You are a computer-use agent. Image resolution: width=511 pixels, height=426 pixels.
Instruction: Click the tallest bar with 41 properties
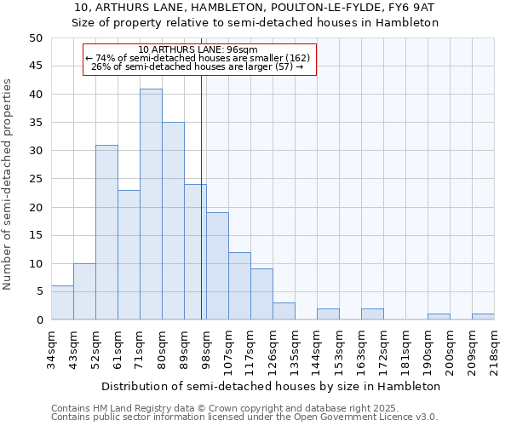pyautogui.click(x=151, y=204)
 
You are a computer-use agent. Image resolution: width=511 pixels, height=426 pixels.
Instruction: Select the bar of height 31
pyautogui.click(x=106, y=233)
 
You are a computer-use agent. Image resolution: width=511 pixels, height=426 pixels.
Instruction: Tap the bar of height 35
pyautogui.click(x=173, y=221)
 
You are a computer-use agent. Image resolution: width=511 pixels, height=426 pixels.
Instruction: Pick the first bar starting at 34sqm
pyautogui.click(x=62, y=302)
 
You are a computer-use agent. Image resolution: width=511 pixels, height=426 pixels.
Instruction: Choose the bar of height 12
pyautogui.click(x=239, y=285)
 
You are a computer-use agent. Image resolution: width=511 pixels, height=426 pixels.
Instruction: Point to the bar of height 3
pyautogui.click(x=284, y=311)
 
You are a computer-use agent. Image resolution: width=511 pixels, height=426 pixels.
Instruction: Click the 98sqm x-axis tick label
pyautogui.click(x=206, y=349)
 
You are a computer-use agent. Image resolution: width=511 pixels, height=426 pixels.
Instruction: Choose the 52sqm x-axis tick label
pyautogui.click(x=95, y=349)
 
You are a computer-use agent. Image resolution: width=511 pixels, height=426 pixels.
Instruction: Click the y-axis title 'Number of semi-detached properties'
pyautogui.click(x=9, y=184)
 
